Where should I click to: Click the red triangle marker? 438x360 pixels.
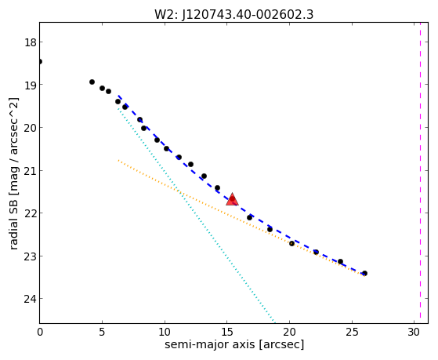click(x=232, y=199)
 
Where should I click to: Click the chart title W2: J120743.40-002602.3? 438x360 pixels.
click(x=233, y=14)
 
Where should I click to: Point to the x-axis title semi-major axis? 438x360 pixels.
click(x=234, y=344)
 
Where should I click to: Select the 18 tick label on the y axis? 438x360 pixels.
click(x=30, y=42)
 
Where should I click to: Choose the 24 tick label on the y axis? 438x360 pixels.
click(x=30, y=299)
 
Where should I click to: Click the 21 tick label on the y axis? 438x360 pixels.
click(x=30, y=171)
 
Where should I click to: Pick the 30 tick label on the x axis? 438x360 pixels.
click(x=414, y=332)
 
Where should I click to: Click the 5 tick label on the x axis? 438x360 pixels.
click(x=102, y=332)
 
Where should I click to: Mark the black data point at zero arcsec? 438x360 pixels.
click(x=40, y=61)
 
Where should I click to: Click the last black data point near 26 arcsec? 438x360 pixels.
click(x=364, y=273)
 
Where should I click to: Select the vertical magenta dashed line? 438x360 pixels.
click(x=420, y=173)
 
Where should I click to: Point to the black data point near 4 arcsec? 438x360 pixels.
click(x=92, y=82)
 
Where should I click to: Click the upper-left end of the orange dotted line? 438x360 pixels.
click(x=118, y=160)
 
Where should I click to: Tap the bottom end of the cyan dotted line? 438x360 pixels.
click(x=275, y=323)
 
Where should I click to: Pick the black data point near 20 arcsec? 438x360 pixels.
click(x=291, y=244)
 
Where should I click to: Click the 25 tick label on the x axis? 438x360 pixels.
click(x=352, y=332)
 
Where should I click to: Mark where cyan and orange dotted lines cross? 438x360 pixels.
click(x=179, y=192)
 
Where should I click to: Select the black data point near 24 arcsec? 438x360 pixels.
click(x=340, y=261)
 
